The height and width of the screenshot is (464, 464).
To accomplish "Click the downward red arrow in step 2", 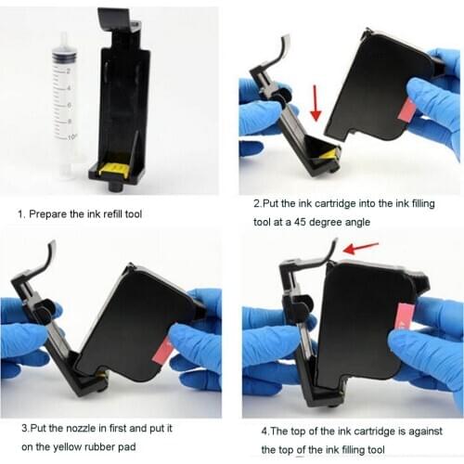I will [315, 102].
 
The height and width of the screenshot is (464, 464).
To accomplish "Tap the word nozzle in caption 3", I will [92, 429].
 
